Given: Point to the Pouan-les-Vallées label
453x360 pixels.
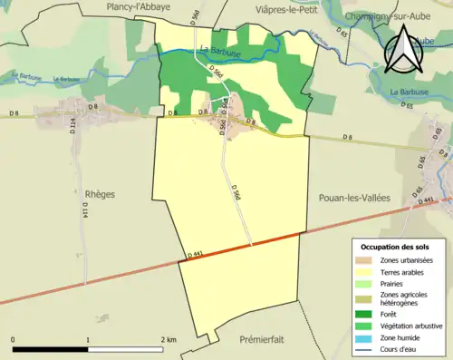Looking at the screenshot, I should tap(355, 196).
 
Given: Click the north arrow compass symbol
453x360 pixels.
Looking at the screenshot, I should tap(404, 49).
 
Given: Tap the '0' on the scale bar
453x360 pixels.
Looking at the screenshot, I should tap(14, 340).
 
